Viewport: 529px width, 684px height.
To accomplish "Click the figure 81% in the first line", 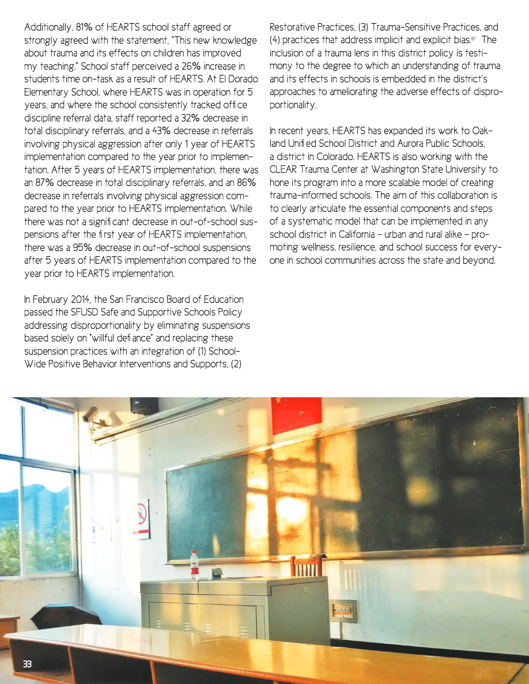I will tap(76, 27).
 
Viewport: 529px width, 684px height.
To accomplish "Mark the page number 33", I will tap(28, 664).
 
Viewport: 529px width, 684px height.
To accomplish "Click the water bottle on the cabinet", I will tap(195, 565).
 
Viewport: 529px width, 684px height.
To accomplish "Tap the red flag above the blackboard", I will tap(296, 415).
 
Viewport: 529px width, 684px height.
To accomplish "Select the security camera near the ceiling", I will tap(93, 416).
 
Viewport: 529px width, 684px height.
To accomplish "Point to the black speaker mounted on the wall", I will tap(144, 406).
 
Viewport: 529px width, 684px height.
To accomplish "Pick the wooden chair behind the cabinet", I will tap(306, 566).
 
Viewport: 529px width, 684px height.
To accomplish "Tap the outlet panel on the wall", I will tap(343, 610).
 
